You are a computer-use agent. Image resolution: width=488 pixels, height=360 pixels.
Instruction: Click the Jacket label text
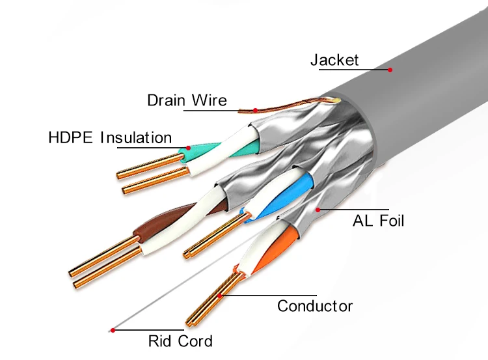coord(334,60)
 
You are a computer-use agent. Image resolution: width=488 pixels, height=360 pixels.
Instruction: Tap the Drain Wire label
coord(187,100)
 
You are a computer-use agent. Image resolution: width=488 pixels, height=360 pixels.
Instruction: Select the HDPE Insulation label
coord(110,137)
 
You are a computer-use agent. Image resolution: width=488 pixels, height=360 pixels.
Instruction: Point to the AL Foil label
coord(378,221)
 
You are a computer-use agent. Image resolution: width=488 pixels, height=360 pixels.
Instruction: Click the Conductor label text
coord(315,305)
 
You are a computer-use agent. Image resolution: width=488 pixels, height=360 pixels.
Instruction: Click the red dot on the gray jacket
coord(390,70)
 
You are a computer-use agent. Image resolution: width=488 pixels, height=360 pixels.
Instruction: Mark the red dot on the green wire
coord(188,148)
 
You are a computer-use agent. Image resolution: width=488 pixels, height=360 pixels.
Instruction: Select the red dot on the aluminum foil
coord(318,209)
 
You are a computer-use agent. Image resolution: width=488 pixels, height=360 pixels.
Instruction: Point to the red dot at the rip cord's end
coord(113,330)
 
